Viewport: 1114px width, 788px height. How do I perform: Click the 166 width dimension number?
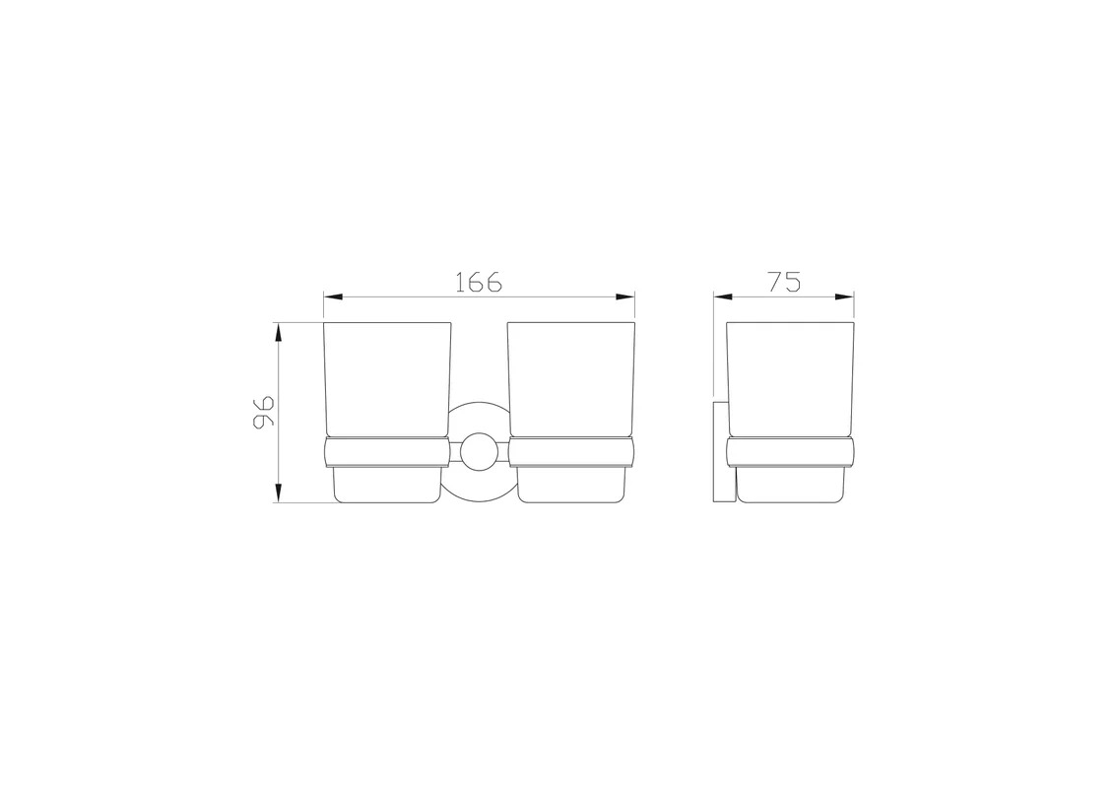tap(478, 282)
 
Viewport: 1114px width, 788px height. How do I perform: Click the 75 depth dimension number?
tap(784, 282)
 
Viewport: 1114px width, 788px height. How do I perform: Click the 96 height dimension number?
tap(262, 412)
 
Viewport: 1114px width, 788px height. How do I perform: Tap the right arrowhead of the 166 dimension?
tap(625, 297)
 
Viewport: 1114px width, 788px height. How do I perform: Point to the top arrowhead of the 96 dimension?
tap(279, 333)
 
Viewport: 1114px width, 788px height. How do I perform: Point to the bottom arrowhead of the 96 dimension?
tap(279, 492)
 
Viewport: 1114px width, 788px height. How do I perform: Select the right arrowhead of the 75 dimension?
tap(844, 297)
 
